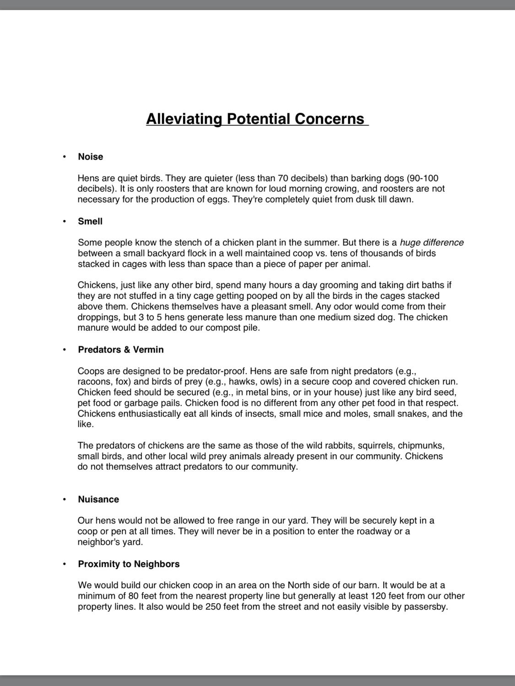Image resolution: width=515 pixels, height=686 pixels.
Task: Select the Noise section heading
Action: coord(90,157)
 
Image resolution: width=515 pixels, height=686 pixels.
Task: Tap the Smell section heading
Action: coord(90,221)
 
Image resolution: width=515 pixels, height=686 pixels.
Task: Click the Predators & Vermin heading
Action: coord(120,350)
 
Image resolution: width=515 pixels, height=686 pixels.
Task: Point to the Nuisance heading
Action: coord(98,499)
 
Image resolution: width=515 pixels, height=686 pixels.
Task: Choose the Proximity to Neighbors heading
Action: coord(129,564)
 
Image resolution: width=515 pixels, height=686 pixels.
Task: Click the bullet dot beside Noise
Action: coord(65,157)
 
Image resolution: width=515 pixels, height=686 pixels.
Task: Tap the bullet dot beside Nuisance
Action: coord(65,499)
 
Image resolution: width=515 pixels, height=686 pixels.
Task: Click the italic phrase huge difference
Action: coord(431,243)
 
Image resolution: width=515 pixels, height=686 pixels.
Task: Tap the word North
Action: coord(299,585)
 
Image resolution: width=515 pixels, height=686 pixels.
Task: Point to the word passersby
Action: coord(424,607)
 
